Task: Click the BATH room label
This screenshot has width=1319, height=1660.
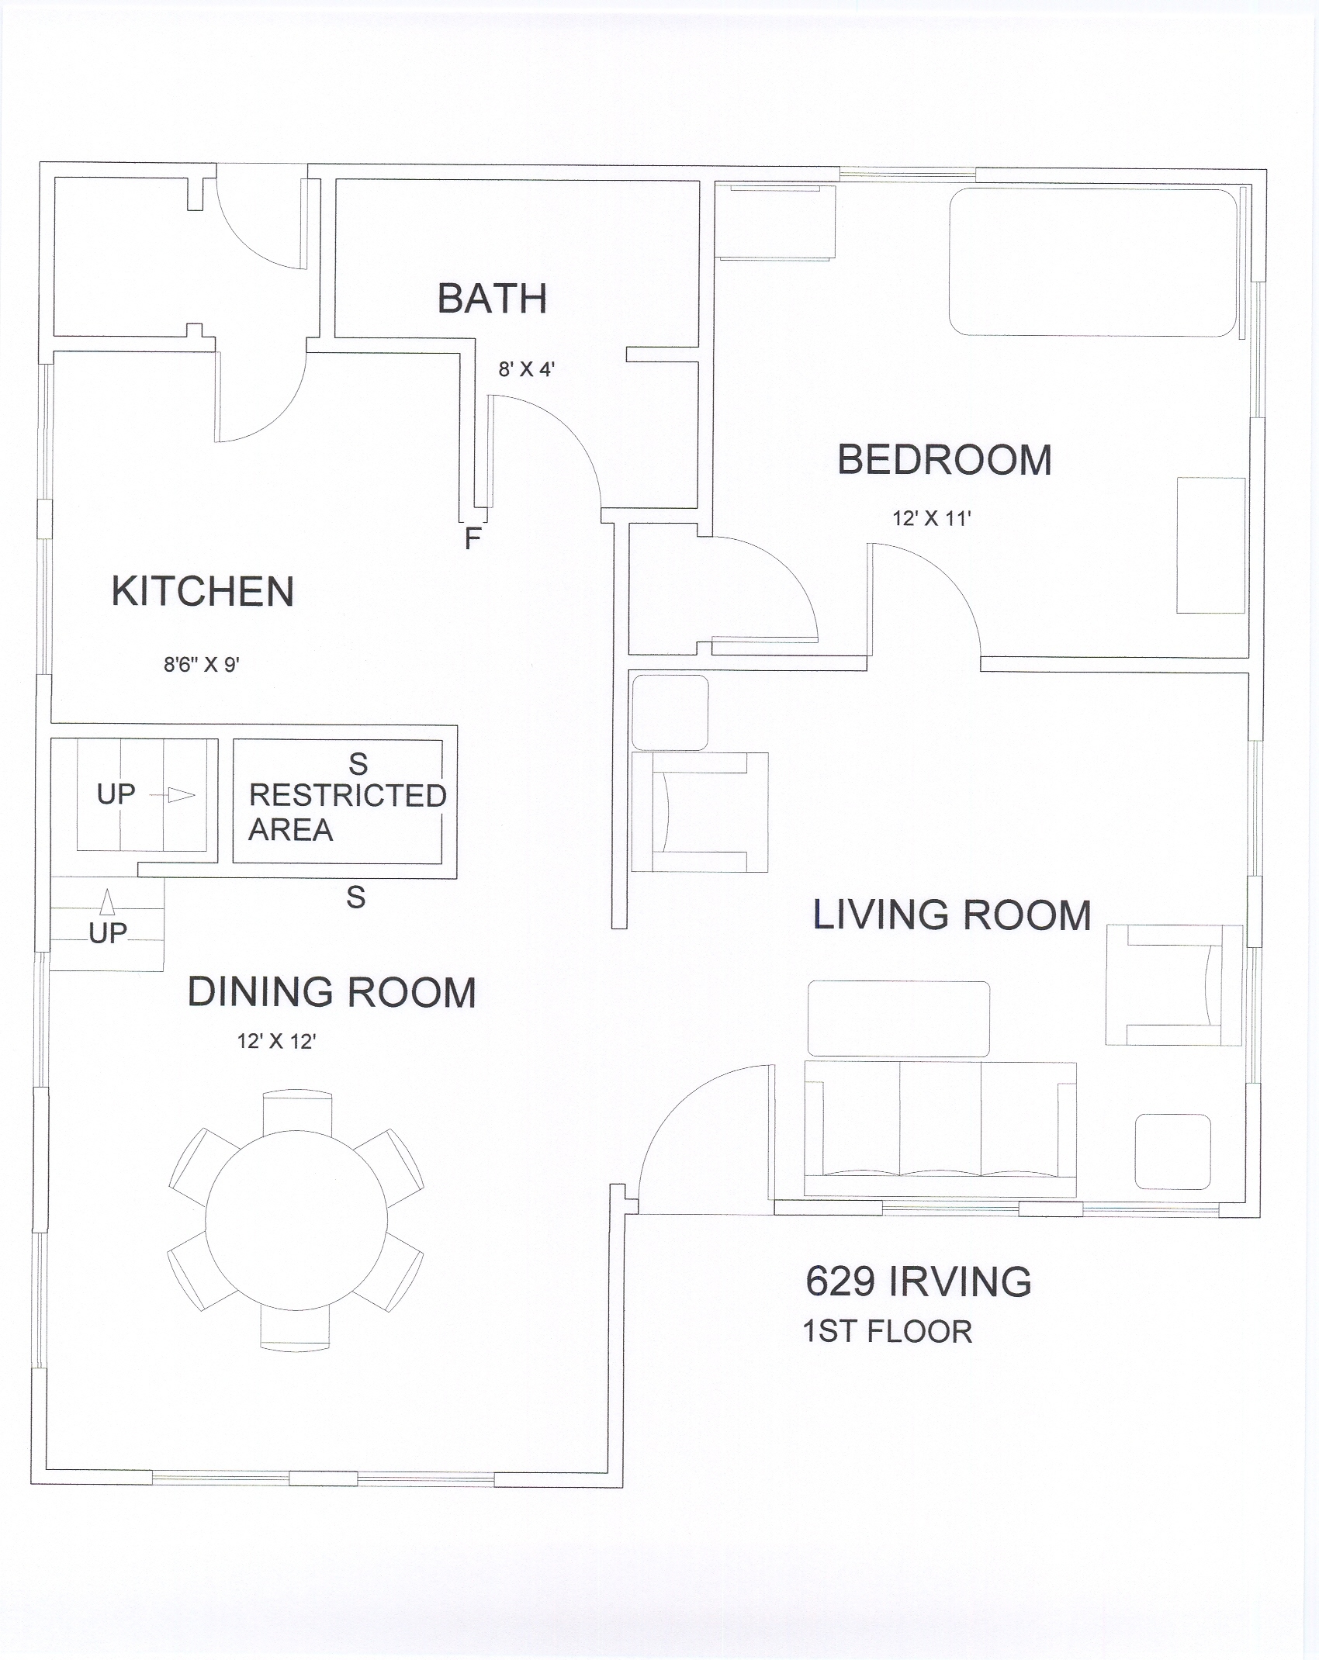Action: [x=492, y=299]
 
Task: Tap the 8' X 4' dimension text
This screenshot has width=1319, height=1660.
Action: [x=526, y=369]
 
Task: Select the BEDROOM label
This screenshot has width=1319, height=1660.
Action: [x=944, y=460]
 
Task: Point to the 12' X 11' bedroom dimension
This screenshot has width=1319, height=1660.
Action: [x=932, y=518]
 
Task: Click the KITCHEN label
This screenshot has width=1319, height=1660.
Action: [x=203, y=591]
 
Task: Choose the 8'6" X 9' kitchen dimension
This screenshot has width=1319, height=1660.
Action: [x=202, y=664]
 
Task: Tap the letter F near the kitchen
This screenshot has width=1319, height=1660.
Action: [x=473, y=538]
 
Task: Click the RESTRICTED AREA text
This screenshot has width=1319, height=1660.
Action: [x=347, y=812]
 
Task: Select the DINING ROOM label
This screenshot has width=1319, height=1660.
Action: [x=331, y=992]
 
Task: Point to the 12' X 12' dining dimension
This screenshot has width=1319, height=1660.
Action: [x=276, y=1041]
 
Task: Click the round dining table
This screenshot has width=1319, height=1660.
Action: [x=296, y=1220]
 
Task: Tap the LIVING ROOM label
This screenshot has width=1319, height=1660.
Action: [x=951, y=915]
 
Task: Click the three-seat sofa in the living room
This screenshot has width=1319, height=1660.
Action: [x=940, y=1129]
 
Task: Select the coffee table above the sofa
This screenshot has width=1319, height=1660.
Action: [x=898, y=1018]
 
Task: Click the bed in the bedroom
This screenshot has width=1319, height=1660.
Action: [x=1093, y=262]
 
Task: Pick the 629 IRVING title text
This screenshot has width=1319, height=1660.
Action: [x=919, y=1281]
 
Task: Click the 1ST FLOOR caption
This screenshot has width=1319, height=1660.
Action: [x=887, y=1332]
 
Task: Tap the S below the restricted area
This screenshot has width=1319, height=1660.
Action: [x=356, y=897]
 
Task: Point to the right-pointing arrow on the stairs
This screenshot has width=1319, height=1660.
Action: [x=171, y=795]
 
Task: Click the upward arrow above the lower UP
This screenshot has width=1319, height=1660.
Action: [x=108, y=902]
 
